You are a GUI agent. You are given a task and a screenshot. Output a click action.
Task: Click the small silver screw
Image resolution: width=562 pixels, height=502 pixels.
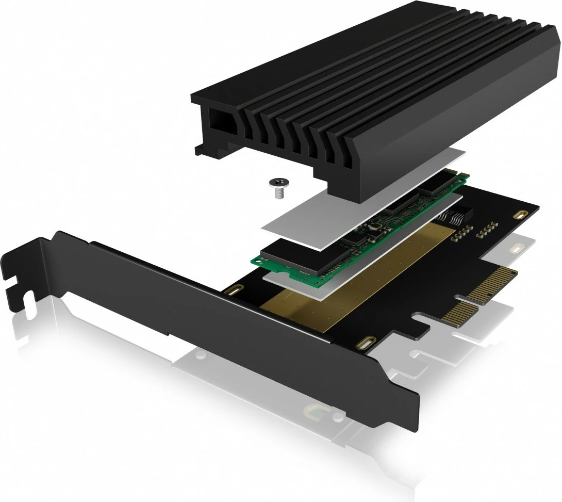coord(279,187)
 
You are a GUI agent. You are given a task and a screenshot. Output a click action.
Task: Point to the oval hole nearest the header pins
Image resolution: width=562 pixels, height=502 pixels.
coord(519,214)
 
